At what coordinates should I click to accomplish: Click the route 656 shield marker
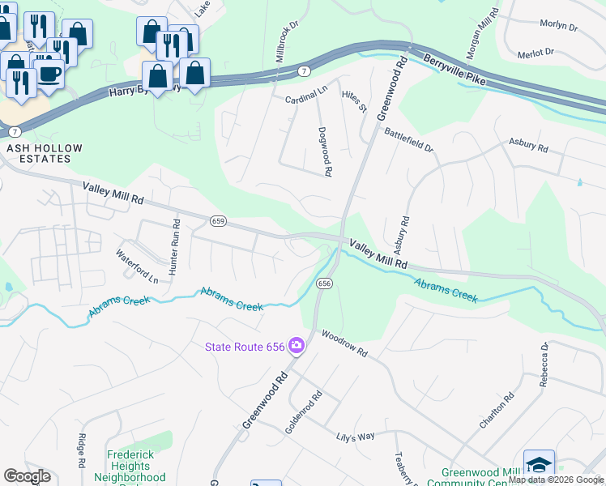(324, 283)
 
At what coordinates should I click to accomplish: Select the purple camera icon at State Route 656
(297, 346)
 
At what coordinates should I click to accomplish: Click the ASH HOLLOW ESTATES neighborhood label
(39, 154)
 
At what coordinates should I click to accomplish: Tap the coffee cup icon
(50, 74)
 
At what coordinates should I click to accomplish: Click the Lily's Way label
(356, 436)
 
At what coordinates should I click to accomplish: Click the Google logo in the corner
(27, 476)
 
